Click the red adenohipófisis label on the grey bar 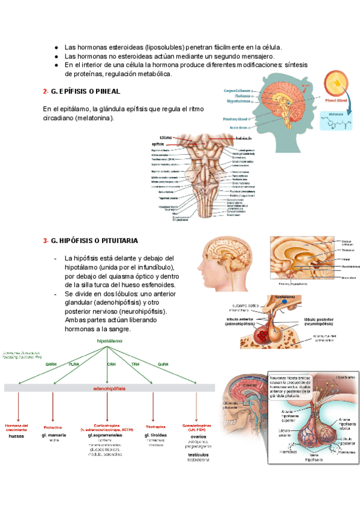pos(109,388)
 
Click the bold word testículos pos(197,455)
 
